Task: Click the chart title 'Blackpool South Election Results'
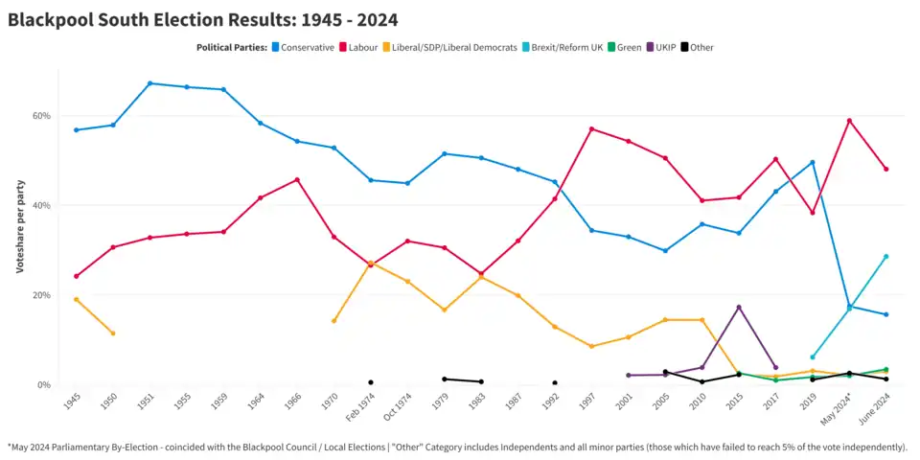click(203, 19)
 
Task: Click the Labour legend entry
click(358, 47)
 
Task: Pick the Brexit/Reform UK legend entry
click(563, 47)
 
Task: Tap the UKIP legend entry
click(665, 47)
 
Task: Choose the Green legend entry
click(629, 47)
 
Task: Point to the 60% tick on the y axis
click(41, 116)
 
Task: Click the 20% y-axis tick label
click(41, 295)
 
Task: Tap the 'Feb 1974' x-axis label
click(360, 407)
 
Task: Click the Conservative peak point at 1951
click(149, 83)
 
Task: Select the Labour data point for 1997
click(591, 128)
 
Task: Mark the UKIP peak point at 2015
click(738, 307)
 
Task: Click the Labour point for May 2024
click(849, 121)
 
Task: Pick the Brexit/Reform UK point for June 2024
click(885, 256)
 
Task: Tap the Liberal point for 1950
click(113, 333)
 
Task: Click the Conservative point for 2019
click(812, 162)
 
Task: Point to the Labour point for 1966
click(297, 179)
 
